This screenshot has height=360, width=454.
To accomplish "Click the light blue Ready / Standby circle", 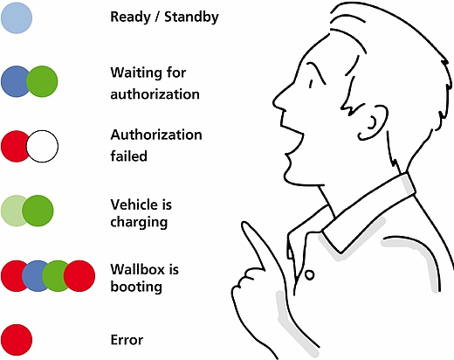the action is (x=17, y=18).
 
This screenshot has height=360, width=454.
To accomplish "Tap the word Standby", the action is (x=191, y=17).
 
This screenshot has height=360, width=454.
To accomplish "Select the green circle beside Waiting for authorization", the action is (x=42, y=81).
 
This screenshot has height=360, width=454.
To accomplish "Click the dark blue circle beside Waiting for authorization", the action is (x=14, y=81).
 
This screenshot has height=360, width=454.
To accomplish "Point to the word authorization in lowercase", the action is (x=155, y=94).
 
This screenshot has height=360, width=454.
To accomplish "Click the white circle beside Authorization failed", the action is (x=42, y=146).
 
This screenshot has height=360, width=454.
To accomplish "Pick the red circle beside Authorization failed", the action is (x=14, y=146).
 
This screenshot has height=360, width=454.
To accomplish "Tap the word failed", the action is (x=128, y=156).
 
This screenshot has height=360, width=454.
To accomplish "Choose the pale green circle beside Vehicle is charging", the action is (x=11, y=211).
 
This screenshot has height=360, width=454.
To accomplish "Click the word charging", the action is (x=139, y=223).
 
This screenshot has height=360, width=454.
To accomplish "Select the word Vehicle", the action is (x=134, y=204).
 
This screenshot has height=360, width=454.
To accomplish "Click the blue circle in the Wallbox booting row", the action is (x=32, y=276).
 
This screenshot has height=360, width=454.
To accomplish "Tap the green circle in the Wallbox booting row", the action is (x=55, y=276).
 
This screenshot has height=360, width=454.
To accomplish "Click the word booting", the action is (x=136, y=287).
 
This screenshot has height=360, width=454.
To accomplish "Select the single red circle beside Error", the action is (x=17, y=340).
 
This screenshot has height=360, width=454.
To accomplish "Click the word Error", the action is (x=127, y=340).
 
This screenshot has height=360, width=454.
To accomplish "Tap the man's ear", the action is (x=374, y=122).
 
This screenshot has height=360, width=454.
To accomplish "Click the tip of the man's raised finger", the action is (x=245, y=224).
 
